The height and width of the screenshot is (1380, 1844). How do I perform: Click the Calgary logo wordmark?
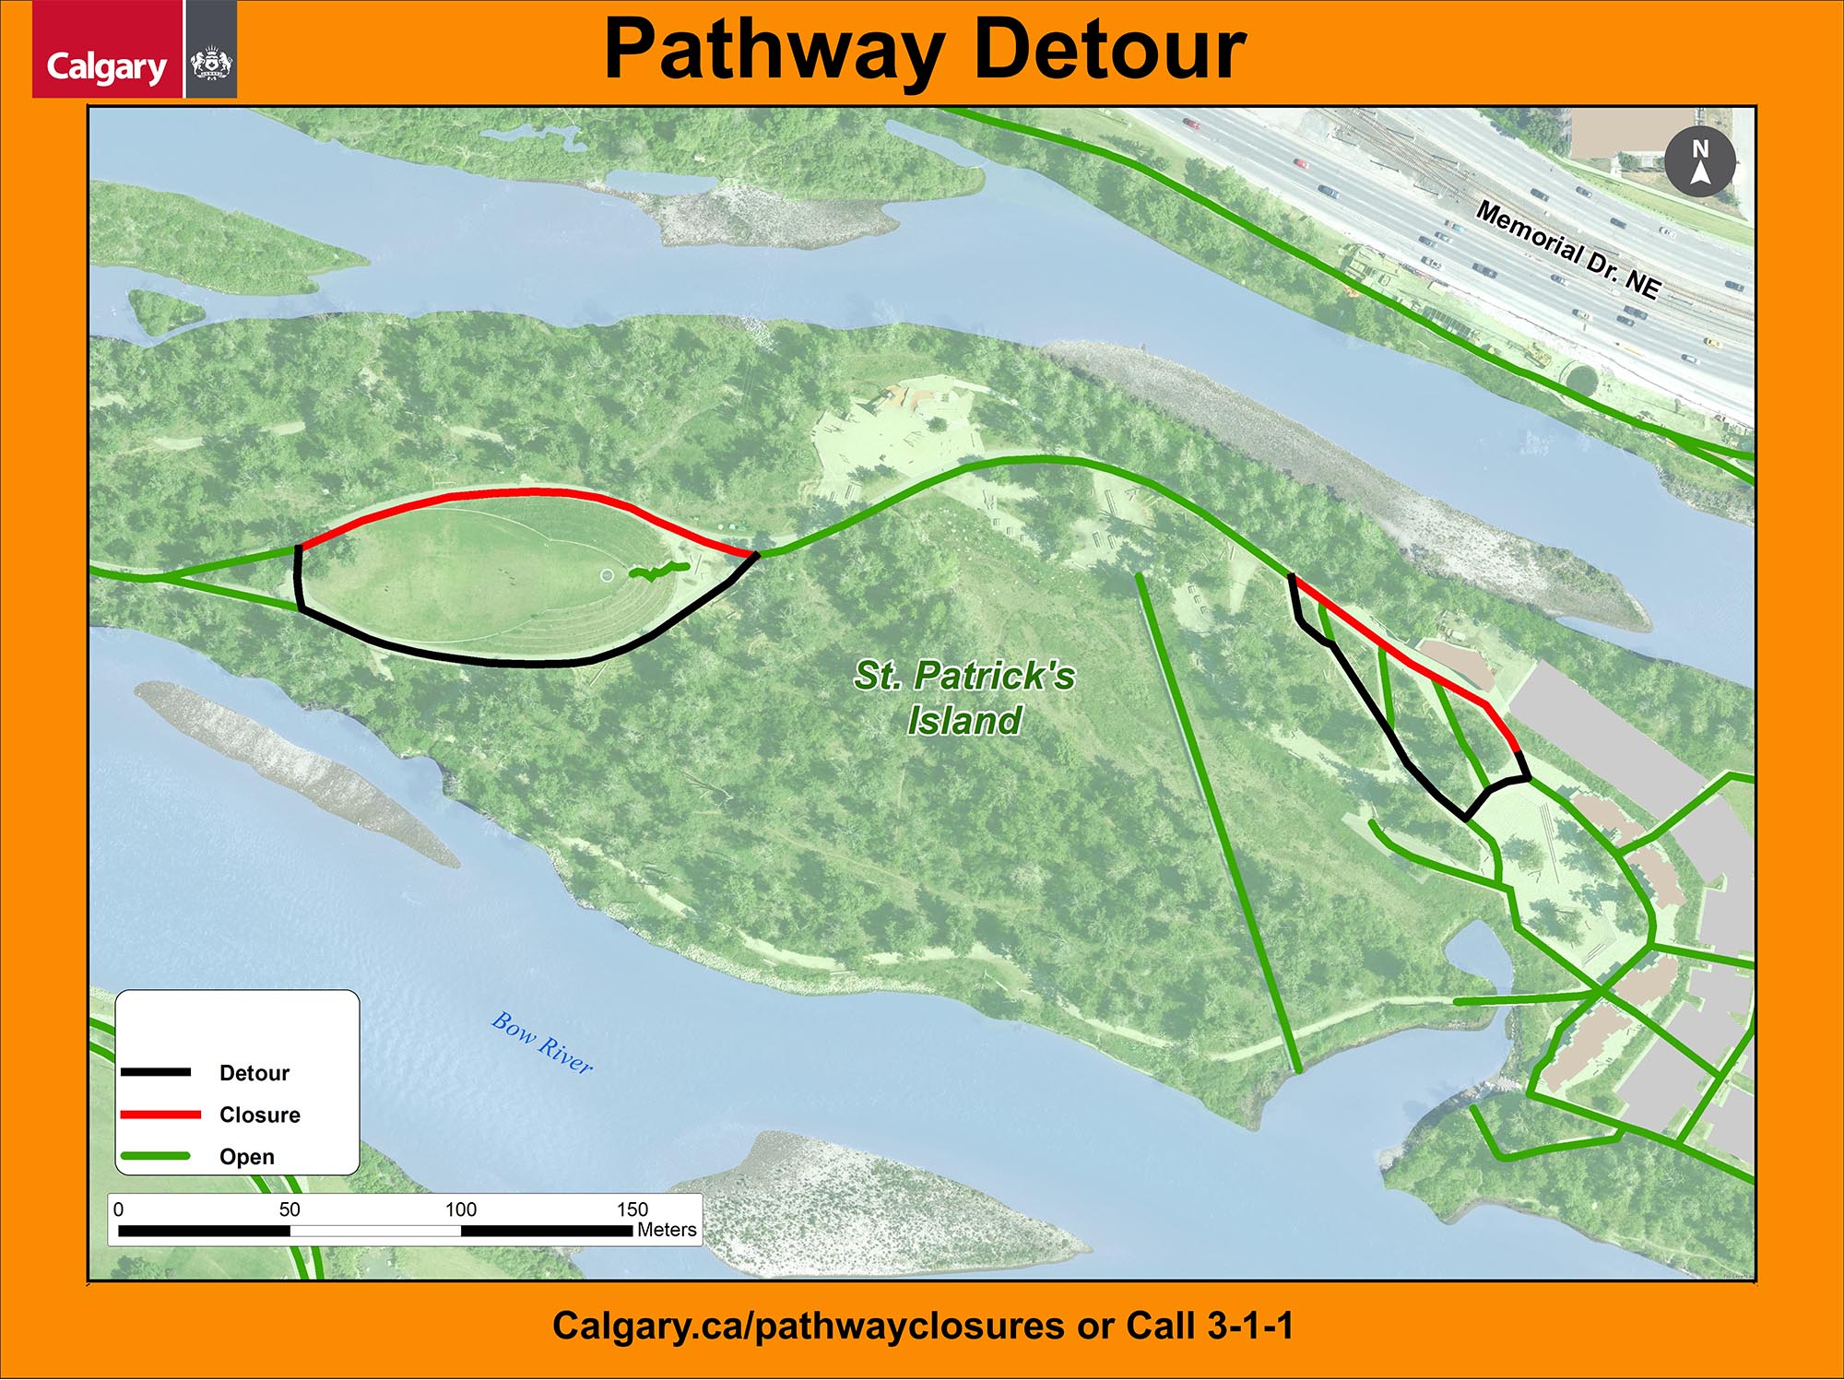coord(106,66)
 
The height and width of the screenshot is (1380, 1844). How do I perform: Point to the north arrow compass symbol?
coord(1700,162)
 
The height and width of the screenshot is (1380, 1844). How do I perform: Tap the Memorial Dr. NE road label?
coord(1568,250)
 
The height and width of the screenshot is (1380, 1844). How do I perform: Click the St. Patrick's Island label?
coord(964,698)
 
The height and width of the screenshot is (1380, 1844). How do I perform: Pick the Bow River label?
coord(542,1042)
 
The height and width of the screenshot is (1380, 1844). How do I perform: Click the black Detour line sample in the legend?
coord(156,1072)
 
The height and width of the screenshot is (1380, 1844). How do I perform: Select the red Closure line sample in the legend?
coord(160,1115)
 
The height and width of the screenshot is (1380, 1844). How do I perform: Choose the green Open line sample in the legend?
coord(156,1156)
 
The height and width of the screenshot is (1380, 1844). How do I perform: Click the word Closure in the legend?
coord(260,1115)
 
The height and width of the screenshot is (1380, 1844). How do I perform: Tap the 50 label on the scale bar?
coord(290,1209)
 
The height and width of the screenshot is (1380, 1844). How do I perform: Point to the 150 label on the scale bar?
coord(632,1209)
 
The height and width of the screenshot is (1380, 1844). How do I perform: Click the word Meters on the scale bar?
coord(667,1230)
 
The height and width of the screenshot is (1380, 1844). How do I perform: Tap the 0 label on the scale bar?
coord(118,1209)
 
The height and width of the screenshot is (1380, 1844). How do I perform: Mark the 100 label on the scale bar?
coord(461,1209)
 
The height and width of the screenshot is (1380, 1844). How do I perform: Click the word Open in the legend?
coord(247,1157)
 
